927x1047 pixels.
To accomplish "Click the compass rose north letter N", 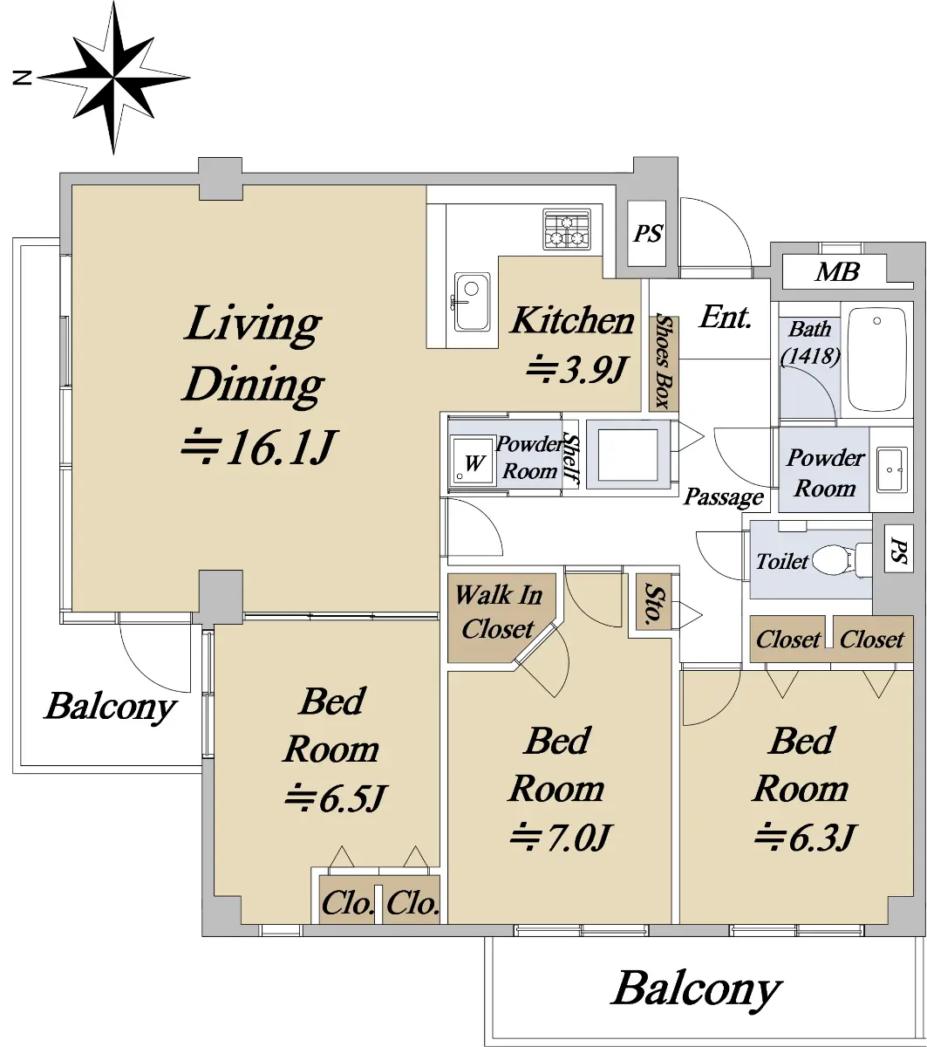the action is [22, 78].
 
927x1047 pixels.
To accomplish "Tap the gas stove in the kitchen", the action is [567, 229].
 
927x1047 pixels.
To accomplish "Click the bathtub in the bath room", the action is [876, 359].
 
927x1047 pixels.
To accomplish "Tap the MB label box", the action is [838, 272].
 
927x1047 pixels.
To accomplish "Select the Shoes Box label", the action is [664, 362].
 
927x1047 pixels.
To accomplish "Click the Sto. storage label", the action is [653, 601].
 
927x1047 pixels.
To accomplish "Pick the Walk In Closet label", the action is [498, 612].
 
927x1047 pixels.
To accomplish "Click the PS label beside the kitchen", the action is [647, 234].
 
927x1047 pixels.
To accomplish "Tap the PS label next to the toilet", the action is [898, 551].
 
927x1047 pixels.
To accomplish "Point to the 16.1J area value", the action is [257, 446].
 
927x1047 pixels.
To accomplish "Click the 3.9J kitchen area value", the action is [577, 369].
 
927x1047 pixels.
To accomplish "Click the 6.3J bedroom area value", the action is [806, 837].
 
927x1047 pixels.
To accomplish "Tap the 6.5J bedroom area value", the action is [335, 797].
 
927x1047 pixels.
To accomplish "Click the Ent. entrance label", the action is [725, 318].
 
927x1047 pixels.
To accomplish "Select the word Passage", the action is [724, 497].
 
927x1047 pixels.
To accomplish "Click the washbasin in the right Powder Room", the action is [891, 469].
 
